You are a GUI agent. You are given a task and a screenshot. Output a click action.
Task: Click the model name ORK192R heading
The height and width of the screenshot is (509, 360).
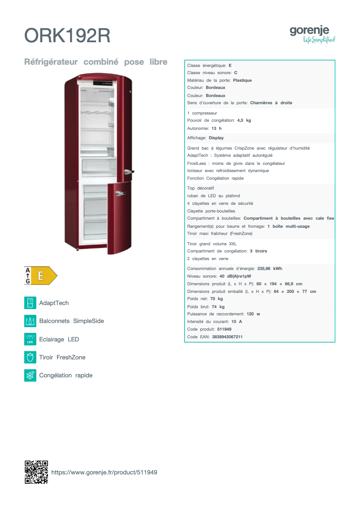click(x=67, y=35)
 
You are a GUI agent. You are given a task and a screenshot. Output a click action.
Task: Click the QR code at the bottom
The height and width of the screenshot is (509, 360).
click(x=36, y=472)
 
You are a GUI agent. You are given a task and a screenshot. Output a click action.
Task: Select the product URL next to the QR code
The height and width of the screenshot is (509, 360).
click(x=104, y=472)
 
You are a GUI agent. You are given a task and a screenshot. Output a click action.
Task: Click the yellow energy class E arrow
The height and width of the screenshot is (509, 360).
click(x=44, y=275)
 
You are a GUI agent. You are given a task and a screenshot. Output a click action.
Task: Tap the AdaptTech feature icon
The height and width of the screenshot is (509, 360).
click(x=30, y=303)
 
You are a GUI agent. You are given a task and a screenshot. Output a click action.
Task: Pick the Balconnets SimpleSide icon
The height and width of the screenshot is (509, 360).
click(x=30, y=321)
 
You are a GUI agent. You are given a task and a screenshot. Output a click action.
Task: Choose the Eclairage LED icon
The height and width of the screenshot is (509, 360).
click(x=30, y=339)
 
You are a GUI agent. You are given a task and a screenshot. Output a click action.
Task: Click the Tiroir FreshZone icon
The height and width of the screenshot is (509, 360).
click(x=30, y=358)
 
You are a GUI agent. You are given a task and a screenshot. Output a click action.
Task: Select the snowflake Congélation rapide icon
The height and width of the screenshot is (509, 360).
click(x=30, y=376)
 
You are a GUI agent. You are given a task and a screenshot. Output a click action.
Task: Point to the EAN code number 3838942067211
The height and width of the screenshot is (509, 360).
click(x=227, y=337)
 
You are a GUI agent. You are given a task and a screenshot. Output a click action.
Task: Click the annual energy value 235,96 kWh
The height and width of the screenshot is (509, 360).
click(x=269, y=269)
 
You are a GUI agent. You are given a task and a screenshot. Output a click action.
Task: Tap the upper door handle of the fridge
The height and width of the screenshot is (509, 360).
click(x=129, y=172)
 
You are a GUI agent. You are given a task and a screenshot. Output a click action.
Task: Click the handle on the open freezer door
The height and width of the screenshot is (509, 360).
click(x=122, y=194)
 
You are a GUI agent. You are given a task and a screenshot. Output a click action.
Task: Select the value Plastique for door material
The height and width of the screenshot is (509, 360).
click(x=242, y=80)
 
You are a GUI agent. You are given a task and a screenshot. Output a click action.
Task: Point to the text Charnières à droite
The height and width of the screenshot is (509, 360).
click(x=271, y=103)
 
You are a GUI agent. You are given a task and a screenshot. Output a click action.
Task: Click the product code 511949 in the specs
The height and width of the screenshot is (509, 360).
click(x=224, y=329)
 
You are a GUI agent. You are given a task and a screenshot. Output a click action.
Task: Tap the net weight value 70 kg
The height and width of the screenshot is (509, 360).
click(x=216, y=299)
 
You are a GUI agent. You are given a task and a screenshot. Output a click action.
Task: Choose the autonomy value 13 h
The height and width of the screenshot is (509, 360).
click(x=216, y=128)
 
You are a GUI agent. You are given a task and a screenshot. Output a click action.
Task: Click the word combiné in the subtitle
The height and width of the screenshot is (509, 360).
click(x=101, y=62)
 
